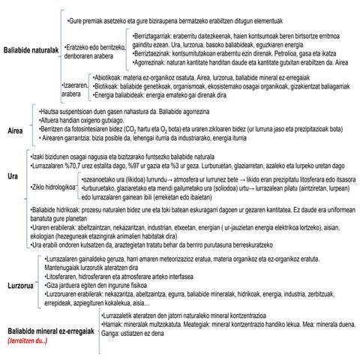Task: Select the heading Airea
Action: tap(14, 130)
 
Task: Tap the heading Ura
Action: tap(12, 176)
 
